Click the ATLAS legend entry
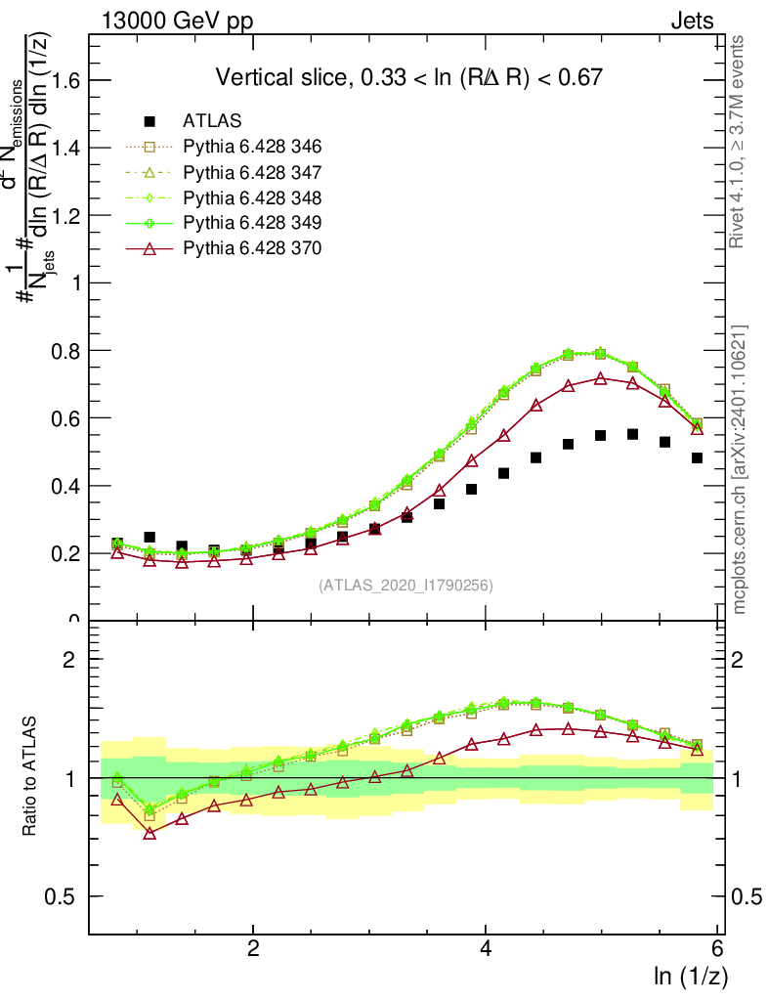point(213,122)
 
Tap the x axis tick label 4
point(487,949)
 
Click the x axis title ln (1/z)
point(690,976)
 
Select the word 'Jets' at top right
point(692,21)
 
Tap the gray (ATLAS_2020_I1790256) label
point(405,586)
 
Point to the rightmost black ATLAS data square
point(698,457)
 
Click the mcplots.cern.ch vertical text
point(740,469)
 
